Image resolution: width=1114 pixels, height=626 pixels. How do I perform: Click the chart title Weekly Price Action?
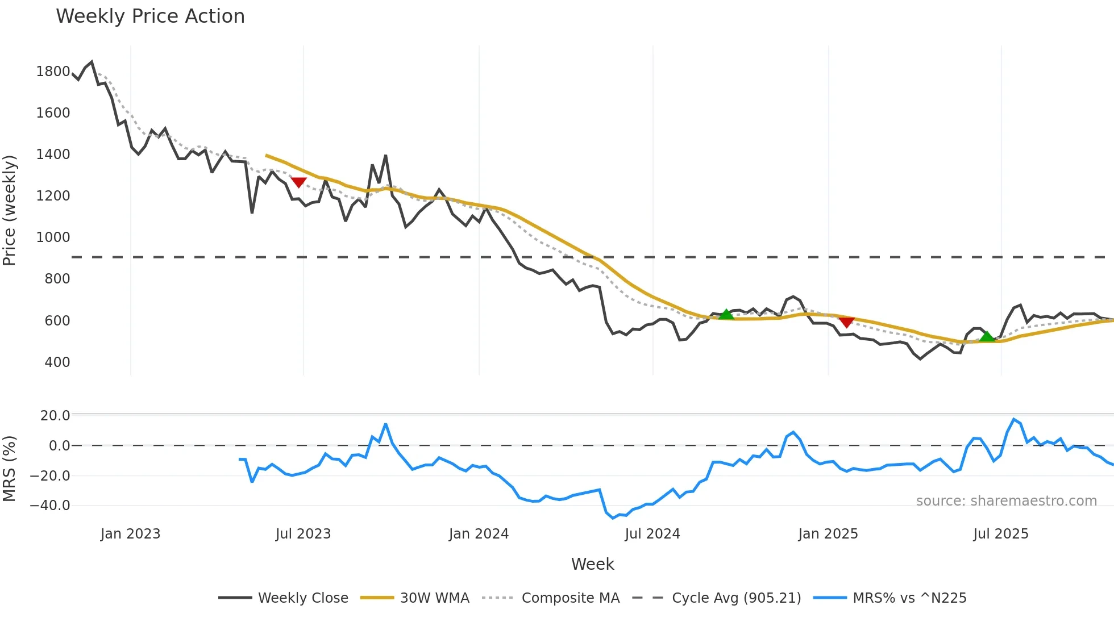click(x=150, y=16)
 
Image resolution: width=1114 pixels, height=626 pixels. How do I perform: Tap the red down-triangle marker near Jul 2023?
click(x=298, y=182)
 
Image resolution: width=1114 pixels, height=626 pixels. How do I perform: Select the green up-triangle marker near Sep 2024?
click(x=726, y=314)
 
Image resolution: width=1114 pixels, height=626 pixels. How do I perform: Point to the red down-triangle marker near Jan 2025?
click(x=846, y=322)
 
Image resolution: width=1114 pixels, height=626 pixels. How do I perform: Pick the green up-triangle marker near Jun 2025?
click(x=987, y=336)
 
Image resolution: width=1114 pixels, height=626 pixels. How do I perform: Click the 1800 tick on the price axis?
click(x=53, y=72)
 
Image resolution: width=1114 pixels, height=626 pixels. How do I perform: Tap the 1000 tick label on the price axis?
click(x=53, y=237)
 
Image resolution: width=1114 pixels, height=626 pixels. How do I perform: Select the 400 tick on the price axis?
click(x=57, y=362)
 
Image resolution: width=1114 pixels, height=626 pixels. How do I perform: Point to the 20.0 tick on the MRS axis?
click(x=55, y=416)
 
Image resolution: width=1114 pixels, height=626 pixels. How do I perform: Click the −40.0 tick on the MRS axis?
click(x=50, y=506)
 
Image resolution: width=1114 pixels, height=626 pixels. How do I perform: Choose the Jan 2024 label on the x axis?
click(x=479, y=534)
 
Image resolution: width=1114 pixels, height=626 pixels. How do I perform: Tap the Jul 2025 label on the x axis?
click(x=1001, y=534)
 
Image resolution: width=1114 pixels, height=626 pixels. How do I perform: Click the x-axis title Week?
click(x=592, y=564)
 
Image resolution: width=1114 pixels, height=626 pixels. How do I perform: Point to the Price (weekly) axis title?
click(x=10, y=210)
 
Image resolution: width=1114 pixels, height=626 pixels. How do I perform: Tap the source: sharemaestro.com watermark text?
click(x=1006, y=501)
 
